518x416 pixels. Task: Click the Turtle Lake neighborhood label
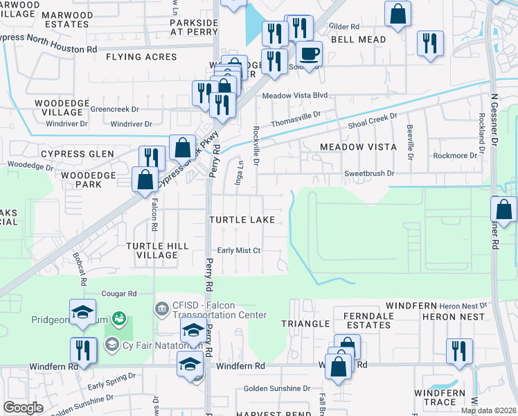point(242,220)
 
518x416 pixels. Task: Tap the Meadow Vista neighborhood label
point(358,147)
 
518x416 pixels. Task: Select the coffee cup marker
point(309,53)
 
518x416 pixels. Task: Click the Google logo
point(23,408)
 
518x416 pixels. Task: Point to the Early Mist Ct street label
point(238,251)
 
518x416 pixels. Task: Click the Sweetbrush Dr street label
point(369,173)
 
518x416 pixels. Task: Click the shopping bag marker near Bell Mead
point(398,14)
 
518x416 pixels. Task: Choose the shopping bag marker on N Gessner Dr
point(503,209)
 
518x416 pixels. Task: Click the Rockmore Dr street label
point(455,156)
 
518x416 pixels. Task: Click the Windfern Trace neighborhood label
point(445,397)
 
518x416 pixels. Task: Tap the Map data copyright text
point(489,410)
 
